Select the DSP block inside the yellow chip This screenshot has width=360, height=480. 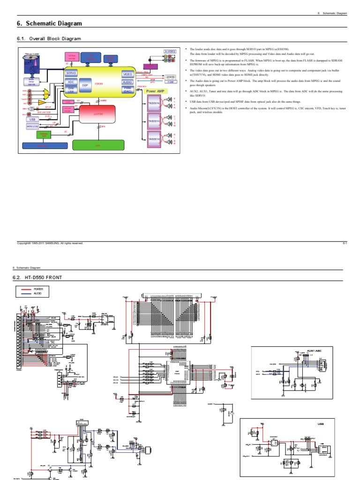coord(85,85)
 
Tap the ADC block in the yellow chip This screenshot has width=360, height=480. coord(71,81)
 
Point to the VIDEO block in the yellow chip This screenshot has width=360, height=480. coord(127,75)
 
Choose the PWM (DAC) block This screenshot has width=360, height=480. coord(127,89)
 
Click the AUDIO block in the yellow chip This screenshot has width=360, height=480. coord(127,82)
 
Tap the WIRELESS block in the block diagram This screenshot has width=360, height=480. coord(33,126)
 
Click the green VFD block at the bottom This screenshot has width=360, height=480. coord(98,146)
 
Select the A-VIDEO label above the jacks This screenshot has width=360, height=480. coord(170,51)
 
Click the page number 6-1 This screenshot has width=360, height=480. coord(344,243)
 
